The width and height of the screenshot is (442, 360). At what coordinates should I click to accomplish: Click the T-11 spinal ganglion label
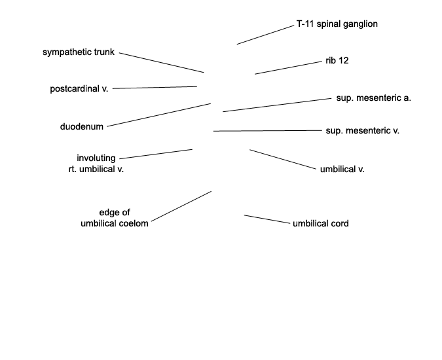(x=337, y=24)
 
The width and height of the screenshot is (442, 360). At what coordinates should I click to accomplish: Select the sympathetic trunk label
(x=79, y=52)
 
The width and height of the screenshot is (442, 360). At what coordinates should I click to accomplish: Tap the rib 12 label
(x=337, y=61)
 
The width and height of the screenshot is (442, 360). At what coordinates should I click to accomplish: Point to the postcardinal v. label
(x=79, y=89)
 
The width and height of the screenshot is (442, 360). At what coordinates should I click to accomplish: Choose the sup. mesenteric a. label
(x=373, y=98)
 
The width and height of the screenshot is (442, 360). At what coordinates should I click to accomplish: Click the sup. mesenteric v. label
(x=363, y=131)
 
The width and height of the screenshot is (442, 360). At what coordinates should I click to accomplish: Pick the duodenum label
(x=82, y=127)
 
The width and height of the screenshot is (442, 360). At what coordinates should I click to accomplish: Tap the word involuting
(x=96, y=158)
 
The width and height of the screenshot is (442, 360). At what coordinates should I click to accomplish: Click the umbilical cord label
(x=321, y=224)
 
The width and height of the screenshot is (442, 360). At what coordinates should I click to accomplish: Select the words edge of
(x=115, y=212)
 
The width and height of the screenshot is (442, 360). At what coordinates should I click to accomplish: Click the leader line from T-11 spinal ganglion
(x=265, y=35)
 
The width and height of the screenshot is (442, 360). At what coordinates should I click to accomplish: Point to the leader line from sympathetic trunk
(x=162, y=63)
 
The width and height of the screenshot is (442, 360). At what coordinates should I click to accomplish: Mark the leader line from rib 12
(x=288, y=68)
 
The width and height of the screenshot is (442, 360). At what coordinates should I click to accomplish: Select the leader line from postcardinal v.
(x=155, y=88)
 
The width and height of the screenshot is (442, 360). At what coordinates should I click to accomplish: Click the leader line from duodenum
(x=159, y=115)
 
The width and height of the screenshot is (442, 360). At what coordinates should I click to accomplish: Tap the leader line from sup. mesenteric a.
(x=277, y=105)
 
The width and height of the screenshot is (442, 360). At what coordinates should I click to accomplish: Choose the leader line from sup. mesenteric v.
(x=268, y=131)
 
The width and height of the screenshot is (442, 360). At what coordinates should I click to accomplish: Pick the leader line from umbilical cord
(x=267, y=219)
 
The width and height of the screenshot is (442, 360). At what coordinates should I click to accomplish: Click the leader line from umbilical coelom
(x=181, y=206)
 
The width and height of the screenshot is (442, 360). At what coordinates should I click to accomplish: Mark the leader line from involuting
(x=156, y=154)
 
